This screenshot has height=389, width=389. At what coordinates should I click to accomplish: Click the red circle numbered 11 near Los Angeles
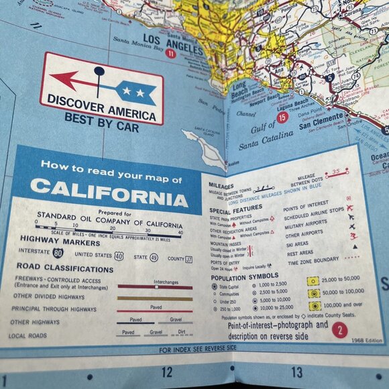tap(171, 54)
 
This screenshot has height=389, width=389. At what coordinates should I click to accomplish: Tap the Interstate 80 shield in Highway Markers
tap(58, 254)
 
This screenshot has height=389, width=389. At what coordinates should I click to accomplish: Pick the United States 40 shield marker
tap(118, 256)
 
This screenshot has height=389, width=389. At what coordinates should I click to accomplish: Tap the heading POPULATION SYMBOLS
tap(244, 276)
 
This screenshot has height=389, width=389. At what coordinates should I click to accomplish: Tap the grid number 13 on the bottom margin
tap(296, 372)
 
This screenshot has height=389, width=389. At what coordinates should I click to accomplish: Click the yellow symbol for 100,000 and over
tap(313, 304)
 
